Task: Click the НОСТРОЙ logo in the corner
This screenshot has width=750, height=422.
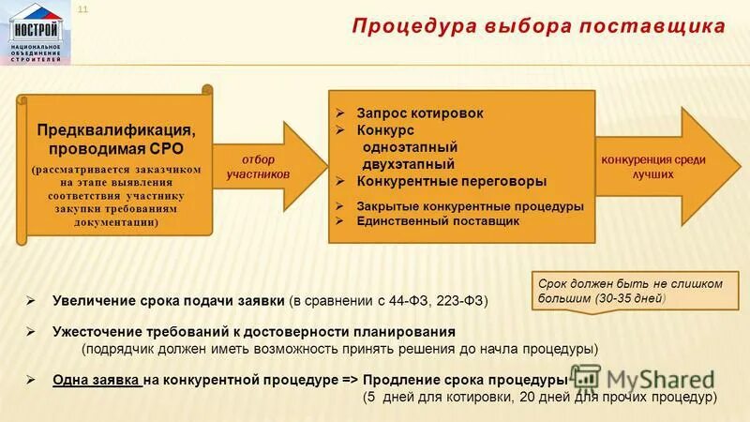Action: coord(37,32)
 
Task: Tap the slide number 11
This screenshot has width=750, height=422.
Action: coord(82,9)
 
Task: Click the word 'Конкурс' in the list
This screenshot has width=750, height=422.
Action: coord(383,129)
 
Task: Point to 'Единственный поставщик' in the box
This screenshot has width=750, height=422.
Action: coord(437,221)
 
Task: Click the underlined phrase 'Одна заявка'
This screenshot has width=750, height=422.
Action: coord(97,381)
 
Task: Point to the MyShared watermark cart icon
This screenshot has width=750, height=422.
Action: coord(587,379)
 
